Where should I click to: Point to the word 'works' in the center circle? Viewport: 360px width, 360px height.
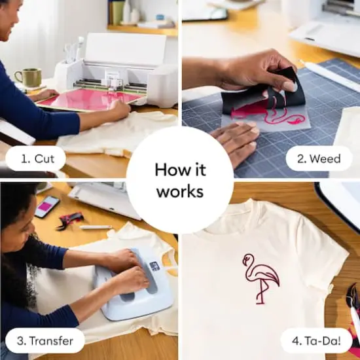pos(179,192)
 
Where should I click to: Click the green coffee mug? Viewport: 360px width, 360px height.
pos(28,78)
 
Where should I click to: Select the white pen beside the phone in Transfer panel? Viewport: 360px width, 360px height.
pos(96,227)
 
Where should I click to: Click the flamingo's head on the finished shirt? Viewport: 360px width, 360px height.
pos(249,260)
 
